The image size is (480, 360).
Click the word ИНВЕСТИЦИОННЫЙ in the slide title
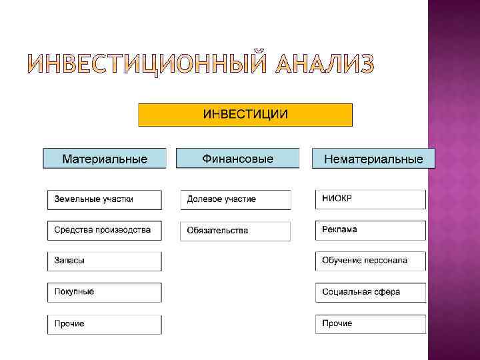[x=147, y=64]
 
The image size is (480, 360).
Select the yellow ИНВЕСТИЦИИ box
[x=245, y=115]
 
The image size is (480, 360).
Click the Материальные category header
[x=105, y=159]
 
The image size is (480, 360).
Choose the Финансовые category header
[x=237, y=159]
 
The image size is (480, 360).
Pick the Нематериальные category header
[x=373, y=159]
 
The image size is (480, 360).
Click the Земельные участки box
[x=104, y=199]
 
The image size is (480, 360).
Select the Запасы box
[x=104, y=261]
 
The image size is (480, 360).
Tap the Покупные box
[x=104, y=292]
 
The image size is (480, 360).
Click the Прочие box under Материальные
[x=104, y=324]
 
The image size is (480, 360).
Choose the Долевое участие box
[x=235, y=199]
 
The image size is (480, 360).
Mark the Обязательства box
[x=235, y=231]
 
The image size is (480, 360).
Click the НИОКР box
[x=370, y=199]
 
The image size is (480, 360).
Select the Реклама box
[x=370, y=230]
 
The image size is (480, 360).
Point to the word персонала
[x=385, y=261]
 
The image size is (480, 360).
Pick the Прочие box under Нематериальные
[x=370, y=324]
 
